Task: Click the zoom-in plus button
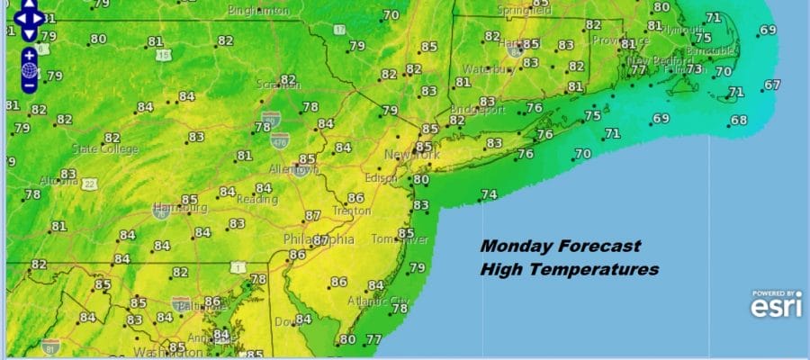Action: click(x=30, y=54)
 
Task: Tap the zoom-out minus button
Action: click(x=30, y=85)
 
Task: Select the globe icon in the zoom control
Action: click(x=30, y=70)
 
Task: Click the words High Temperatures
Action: click(x=569, y=269)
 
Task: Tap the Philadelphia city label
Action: click(x=319, y=240)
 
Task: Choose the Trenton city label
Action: click(x=351, y=211)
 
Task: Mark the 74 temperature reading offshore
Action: click(x=489, y=194)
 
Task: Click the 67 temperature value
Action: click(x=772, y=85)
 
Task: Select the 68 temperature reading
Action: click(x=739, y=121)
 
